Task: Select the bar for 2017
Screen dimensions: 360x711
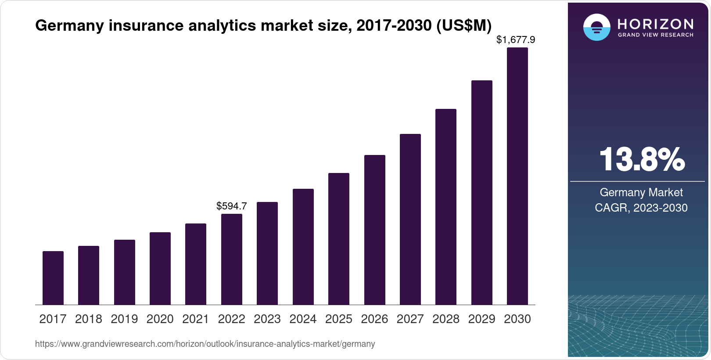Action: click(53, 278)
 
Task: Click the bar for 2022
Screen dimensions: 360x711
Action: click(232, 259)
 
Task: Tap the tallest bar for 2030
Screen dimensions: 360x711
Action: click(517, 176)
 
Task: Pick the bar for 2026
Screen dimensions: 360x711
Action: click(375, 230)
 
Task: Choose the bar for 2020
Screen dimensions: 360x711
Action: click(160, 268)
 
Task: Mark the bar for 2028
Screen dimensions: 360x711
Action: click(446, 207)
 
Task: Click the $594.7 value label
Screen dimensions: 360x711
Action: click(232, 206)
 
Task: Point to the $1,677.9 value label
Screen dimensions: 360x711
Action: click(516, 40)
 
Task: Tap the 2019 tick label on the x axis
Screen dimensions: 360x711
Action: click(124, 319)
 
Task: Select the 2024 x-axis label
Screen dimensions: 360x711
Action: click(303, 319)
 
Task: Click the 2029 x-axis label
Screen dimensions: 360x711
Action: click(481, 319)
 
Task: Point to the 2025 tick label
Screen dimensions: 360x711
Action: click(339, 319)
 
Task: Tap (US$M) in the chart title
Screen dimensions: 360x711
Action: click(464, 26)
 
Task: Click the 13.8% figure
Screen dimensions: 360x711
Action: click(641, 159)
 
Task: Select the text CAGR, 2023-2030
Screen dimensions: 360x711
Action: click(641, 208)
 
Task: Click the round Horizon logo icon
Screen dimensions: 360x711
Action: click(596, 27)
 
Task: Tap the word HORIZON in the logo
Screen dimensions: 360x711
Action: click(656, 24)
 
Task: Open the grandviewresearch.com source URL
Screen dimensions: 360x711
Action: click(205, 344)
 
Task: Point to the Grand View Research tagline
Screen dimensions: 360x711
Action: click(656, 35)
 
